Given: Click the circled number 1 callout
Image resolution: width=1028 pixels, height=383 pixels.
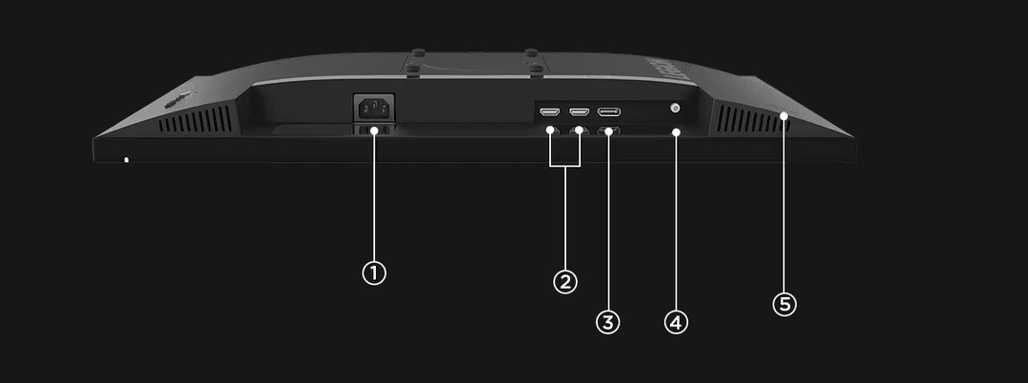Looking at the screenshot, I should tap(374, 272).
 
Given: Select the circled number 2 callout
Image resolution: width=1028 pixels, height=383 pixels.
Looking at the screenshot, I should tap(564, 282).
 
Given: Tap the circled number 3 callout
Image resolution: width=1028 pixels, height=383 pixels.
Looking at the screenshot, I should tap(607, 322).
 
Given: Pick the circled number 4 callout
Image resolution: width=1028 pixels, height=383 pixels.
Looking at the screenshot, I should tap(675, 322).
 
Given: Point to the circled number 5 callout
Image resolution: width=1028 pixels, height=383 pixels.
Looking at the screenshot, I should tap(783, 304).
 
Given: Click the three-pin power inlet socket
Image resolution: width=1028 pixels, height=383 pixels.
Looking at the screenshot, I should tap(372, 107).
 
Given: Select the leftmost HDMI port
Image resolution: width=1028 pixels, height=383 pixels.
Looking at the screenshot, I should tap(548, 111).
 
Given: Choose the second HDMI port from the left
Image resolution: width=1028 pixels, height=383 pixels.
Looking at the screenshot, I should tap(578, 111).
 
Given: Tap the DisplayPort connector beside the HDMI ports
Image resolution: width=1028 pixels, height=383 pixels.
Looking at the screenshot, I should tap(610, 111).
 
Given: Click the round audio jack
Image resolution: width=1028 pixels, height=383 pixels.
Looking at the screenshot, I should tap(675, 110).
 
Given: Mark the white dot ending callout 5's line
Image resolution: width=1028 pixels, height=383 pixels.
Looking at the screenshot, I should tap(783, 116).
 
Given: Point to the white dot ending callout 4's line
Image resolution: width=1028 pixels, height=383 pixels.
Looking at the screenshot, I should tap(675, 131).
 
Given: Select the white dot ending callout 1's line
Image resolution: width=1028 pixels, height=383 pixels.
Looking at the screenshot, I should tap(374, 131).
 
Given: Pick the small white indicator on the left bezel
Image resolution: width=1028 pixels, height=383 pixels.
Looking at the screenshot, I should tap(126, 159).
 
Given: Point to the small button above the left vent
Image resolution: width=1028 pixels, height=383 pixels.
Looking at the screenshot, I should tap(173, 99).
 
